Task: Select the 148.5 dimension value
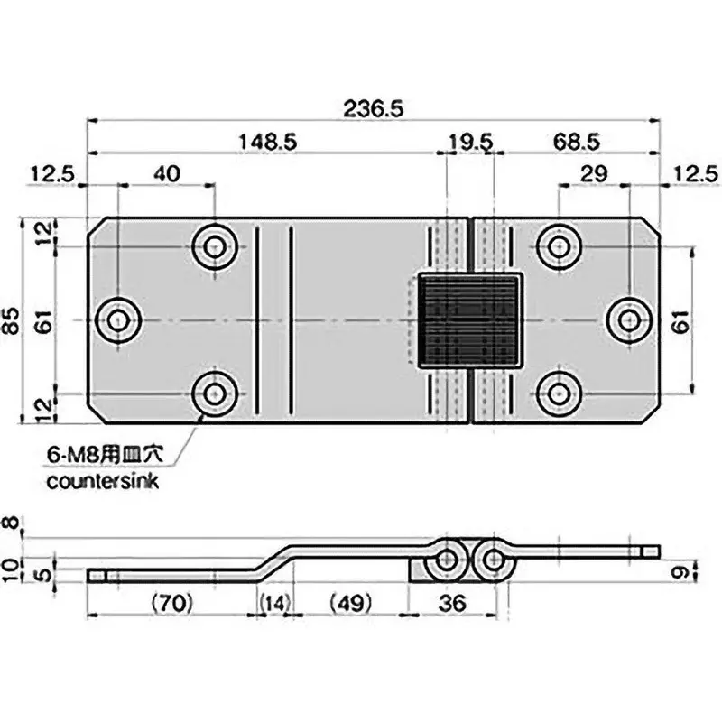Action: pyautogui.click(x=269, y=142)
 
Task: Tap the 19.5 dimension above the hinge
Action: pyautogui.click(x=470, y=142)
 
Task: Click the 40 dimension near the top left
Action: pyautogui.click(x=168, y=171)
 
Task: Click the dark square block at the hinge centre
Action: pyautogui.click(x=470, y=321)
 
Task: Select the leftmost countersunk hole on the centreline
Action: pyautogui.click(x=118, y=320)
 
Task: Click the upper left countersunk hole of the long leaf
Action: pyautogui.click(x=215, y=245)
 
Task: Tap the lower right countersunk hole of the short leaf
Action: pyautogui.click(x=560, y=393)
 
